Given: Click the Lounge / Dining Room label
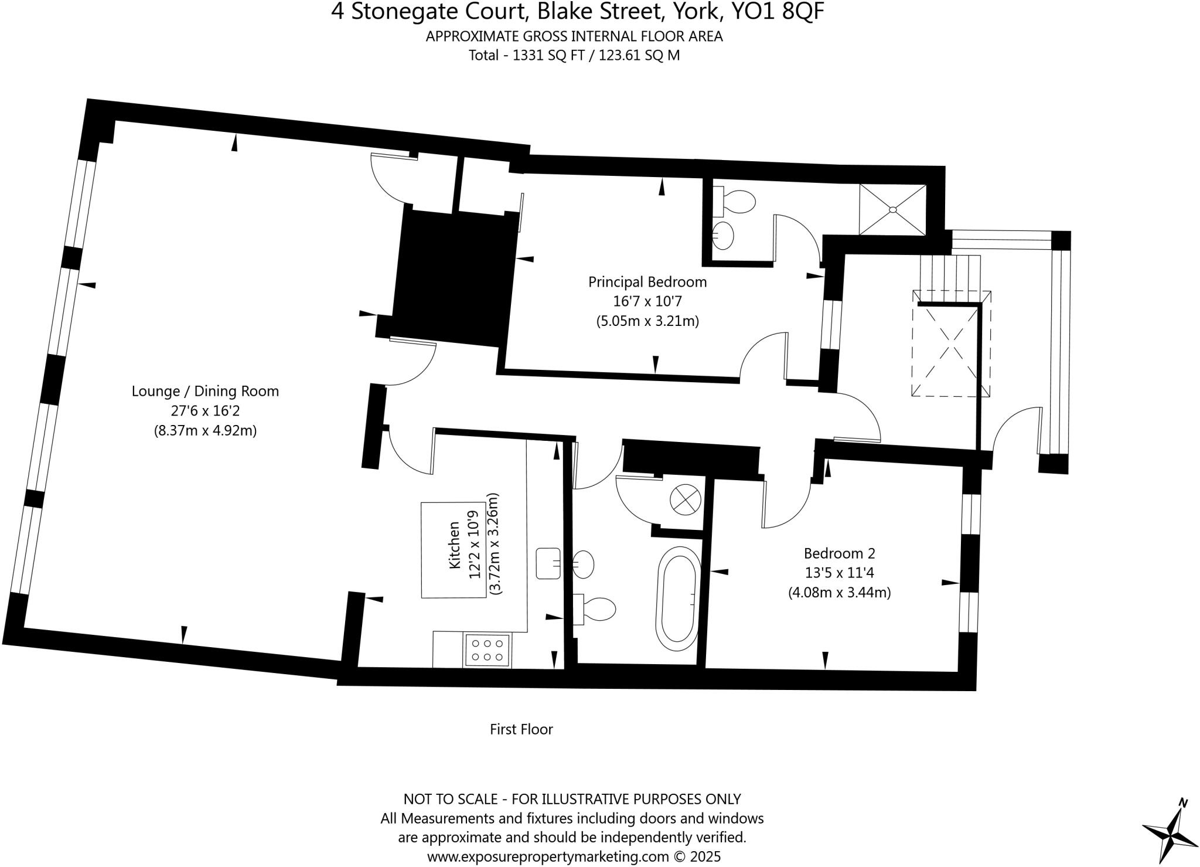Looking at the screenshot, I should click(205, 391).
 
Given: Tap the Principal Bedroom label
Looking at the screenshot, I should click(647, 282).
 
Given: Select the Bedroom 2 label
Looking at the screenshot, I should click(839, 553).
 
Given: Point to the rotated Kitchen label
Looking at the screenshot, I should click(455, 545).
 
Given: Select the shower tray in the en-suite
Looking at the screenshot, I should click(892, 209).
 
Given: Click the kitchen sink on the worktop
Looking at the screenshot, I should click(549, 563).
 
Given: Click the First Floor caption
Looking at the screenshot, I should click(521, 729).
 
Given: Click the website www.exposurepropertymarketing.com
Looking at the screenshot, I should click(548, 856).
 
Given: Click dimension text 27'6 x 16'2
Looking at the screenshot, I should click(205, 411).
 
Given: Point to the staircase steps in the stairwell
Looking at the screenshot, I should click(950, 273).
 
